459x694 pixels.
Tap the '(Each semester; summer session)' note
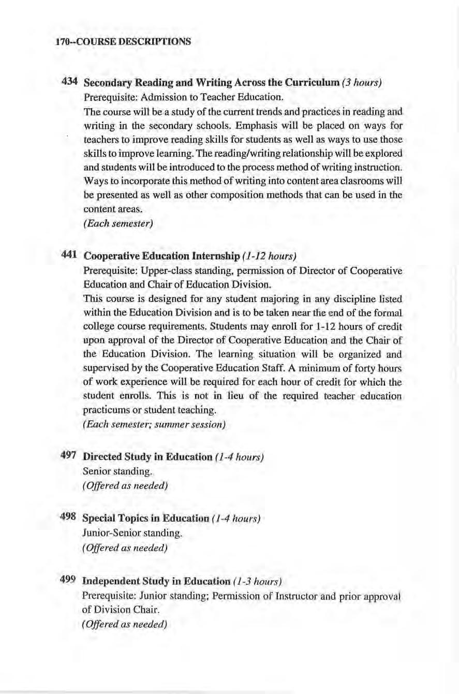[x=154, y=426]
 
